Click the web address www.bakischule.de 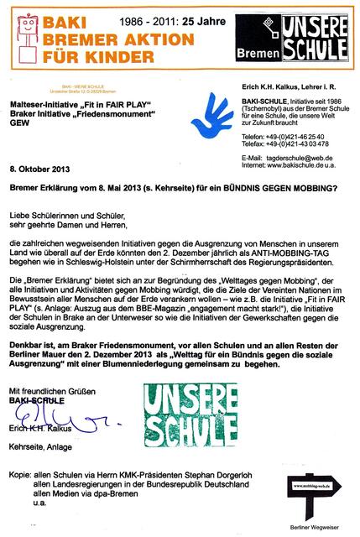tap(300, 165)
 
